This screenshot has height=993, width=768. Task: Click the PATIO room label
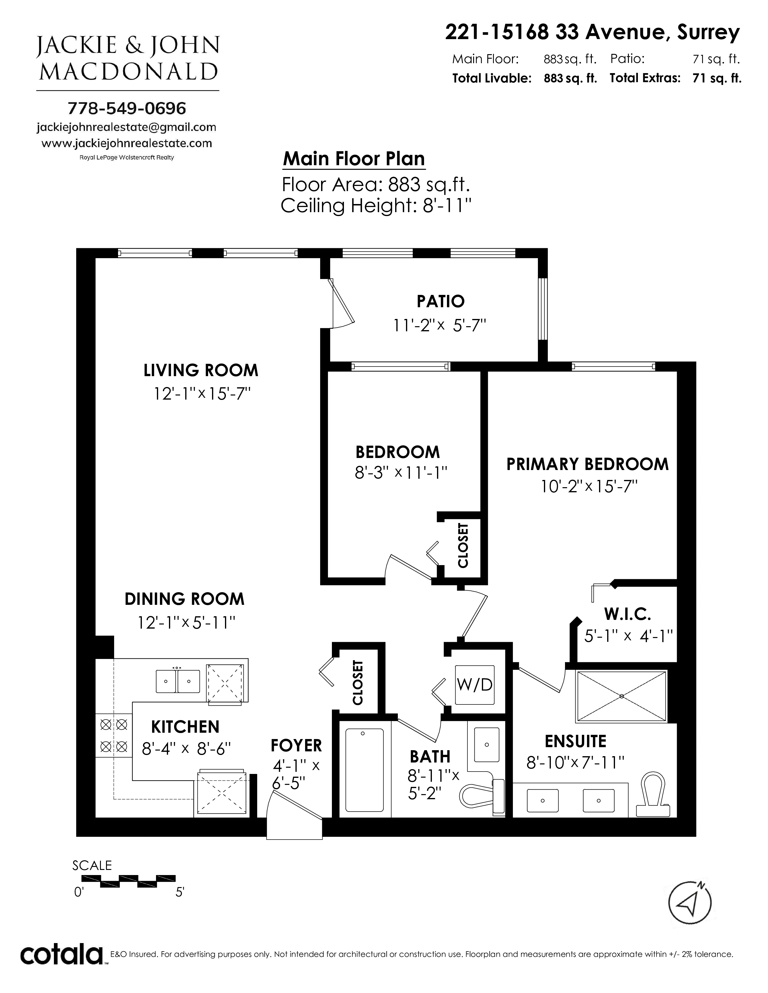(440, 301)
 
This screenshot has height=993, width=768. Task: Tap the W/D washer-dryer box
(475, 685)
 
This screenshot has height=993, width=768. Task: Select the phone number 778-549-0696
(126, 108)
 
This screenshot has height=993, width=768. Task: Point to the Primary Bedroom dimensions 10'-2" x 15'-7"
(589, 487)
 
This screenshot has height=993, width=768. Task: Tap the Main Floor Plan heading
(354, 159)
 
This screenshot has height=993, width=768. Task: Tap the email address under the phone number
(126, 127)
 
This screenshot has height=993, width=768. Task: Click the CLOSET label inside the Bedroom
(463, 546)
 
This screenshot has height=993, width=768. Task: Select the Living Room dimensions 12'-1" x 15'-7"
(202, 394)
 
